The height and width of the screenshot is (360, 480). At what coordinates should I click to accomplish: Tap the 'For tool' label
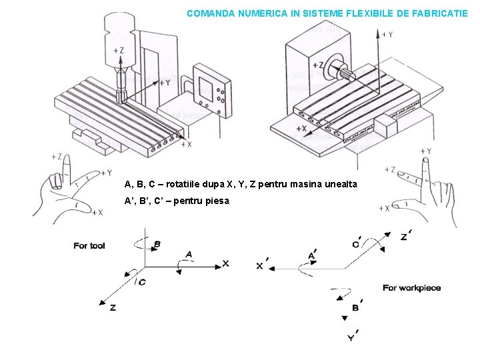(89, 246)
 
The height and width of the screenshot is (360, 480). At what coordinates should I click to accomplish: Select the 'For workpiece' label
(411, 288)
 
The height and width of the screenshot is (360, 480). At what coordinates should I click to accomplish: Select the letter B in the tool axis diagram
(157, 245)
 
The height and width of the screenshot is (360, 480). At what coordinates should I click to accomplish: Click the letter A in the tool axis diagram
(189, 254)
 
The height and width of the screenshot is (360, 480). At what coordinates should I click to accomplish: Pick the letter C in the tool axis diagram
(142, 283)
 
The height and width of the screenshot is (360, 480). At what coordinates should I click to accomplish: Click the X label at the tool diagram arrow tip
(225, 263)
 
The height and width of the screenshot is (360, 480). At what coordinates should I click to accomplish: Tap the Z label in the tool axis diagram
(113, 307)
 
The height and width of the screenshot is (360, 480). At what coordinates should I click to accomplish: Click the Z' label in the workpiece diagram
(405, 236)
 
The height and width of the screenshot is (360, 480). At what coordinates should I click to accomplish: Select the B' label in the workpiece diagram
(357, 307)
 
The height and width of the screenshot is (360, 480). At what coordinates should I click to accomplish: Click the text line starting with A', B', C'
(177, 201)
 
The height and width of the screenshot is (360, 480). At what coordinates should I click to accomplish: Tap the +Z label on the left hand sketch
(57, 157)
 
